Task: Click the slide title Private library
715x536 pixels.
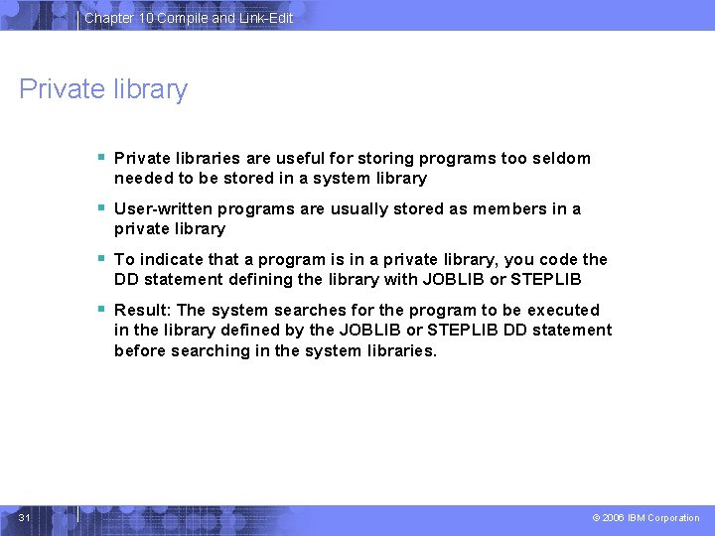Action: point(103,89)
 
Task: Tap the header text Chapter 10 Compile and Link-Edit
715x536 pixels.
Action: point(189,18)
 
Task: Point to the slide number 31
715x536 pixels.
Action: point(25,517)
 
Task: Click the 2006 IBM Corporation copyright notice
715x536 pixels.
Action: point(645,518)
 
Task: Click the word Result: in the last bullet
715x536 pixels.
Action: point(143,310)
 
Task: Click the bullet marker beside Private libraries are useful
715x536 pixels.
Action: point(101,157)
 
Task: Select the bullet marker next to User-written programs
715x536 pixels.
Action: point(101,207)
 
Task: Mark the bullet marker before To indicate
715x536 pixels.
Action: point(101,258)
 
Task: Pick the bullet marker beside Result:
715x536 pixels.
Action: point(101,309)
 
